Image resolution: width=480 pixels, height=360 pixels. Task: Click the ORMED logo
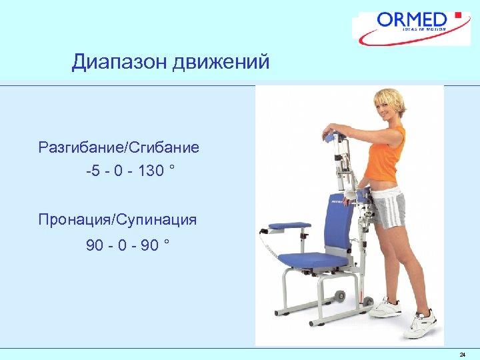(x=413, y=27)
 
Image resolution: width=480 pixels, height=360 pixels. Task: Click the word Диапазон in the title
(x=119, y=63)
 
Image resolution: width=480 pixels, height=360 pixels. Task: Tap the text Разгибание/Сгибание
(x=119, y=147)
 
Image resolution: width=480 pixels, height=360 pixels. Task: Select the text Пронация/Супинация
(x=117, y=219)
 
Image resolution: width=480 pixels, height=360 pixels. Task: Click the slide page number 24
(x=462, y=354)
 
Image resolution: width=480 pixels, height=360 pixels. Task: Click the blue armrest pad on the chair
(x=282, y=229)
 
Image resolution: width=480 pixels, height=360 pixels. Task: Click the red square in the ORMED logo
(x=457, y=15)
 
